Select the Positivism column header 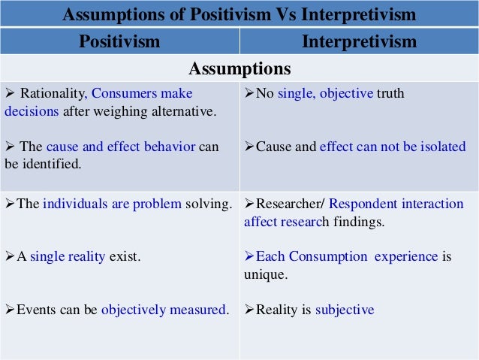(119, 41)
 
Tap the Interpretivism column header (359, 41)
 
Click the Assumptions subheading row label (239, 69)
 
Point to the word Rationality (53, 94)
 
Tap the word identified (50, 163)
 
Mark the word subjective (345, 309)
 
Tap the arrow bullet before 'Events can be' (10, 309)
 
